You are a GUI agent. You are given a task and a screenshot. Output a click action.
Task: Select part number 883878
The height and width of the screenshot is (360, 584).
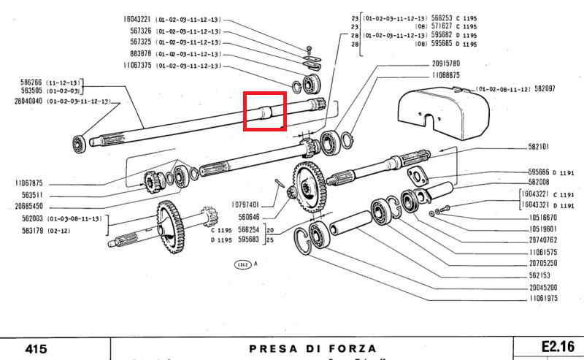click(137, 53)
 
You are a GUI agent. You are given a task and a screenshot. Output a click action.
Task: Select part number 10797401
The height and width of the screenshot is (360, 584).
click(246, 204)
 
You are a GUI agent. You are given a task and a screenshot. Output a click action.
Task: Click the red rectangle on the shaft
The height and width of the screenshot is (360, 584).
click(264, 112)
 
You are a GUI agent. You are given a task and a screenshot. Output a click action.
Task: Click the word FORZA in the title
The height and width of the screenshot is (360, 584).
click(350, 348)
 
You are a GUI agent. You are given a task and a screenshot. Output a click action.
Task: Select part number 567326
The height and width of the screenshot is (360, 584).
click(137, 30)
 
